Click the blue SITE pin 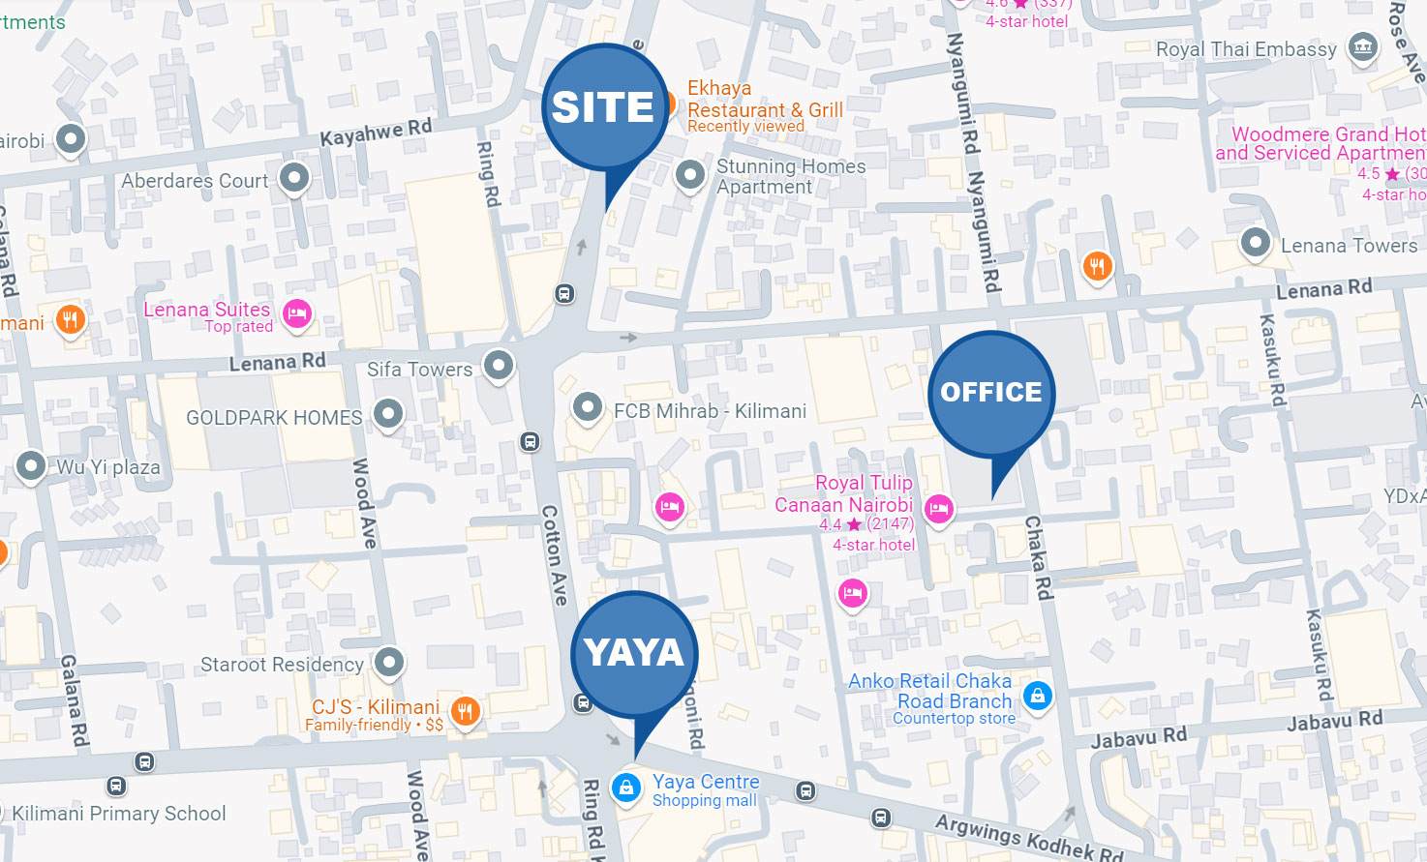604,108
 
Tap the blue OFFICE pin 991,393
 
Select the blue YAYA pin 634,653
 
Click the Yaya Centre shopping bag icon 626,787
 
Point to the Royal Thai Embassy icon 1363,46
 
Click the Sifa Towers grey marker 499,366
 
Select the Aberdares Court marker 294,177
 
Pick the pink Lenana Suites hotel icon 297,313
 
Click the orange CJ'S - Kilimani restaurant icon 466,712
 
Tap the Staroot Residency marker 389,663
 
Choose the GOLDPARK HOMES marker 388,414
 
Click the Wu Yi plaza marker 31,466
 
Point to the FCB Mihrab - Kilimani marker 588,407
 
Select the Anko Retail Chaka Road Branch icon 1037,695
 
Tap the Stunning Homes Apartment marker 689,175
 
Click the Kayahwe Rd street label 376,133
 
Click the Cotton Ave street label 554,555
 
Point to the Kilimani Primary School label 119,814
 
